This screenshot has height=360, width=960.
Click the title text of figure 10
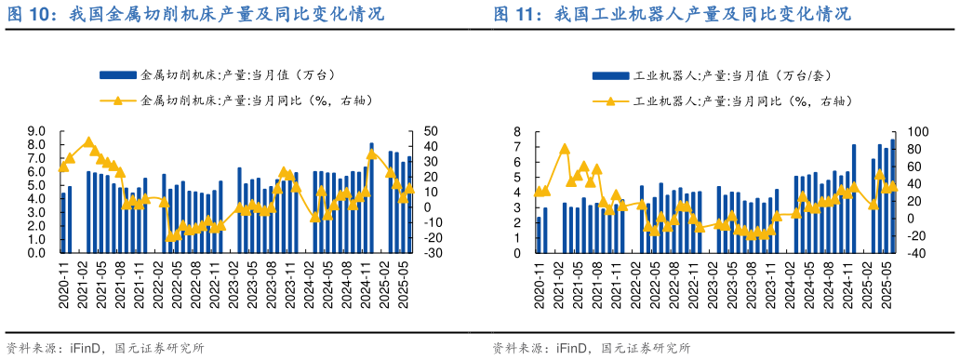point(195,15)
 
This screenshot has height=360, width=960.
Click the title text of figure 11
point(671,15)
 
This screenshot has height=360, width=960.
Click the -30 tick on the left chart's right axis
point(436,252)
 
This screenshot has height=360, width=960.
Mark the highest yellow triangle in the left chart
point(88,142)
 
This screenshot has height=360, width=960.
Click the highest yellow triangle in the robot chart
point(565,148)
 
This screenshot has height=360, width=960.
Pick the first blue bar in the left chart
point(63,222)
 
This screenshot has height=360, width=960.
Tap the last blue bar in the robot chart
point(892,196)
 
